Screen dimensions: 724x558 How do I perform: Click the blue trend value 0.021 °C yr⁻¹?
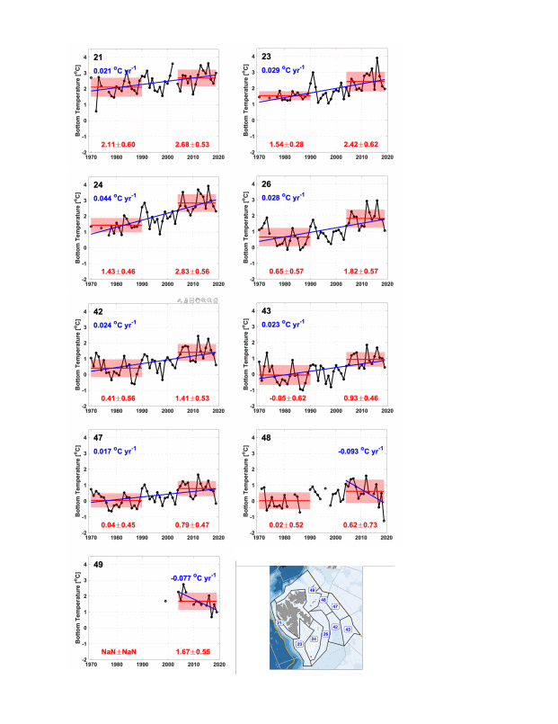pos(114,71)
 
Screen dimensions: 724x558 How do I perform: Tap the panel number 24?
pos(98,183)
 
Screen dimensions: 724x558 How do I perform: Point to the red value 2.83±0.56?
pos(192,272)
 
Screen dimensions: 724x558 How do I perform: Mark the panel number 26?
pos(266,183)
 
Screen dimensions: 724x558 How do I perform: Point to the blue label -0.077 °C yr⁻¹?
pos(192,578)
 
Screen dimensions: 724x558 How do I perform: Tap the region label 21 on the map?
pos(279,623)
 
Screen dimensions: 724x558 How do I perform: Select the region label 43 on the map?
pos(347,629)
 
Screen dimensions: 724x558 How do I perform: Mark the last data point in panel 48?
pos(384,521)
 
